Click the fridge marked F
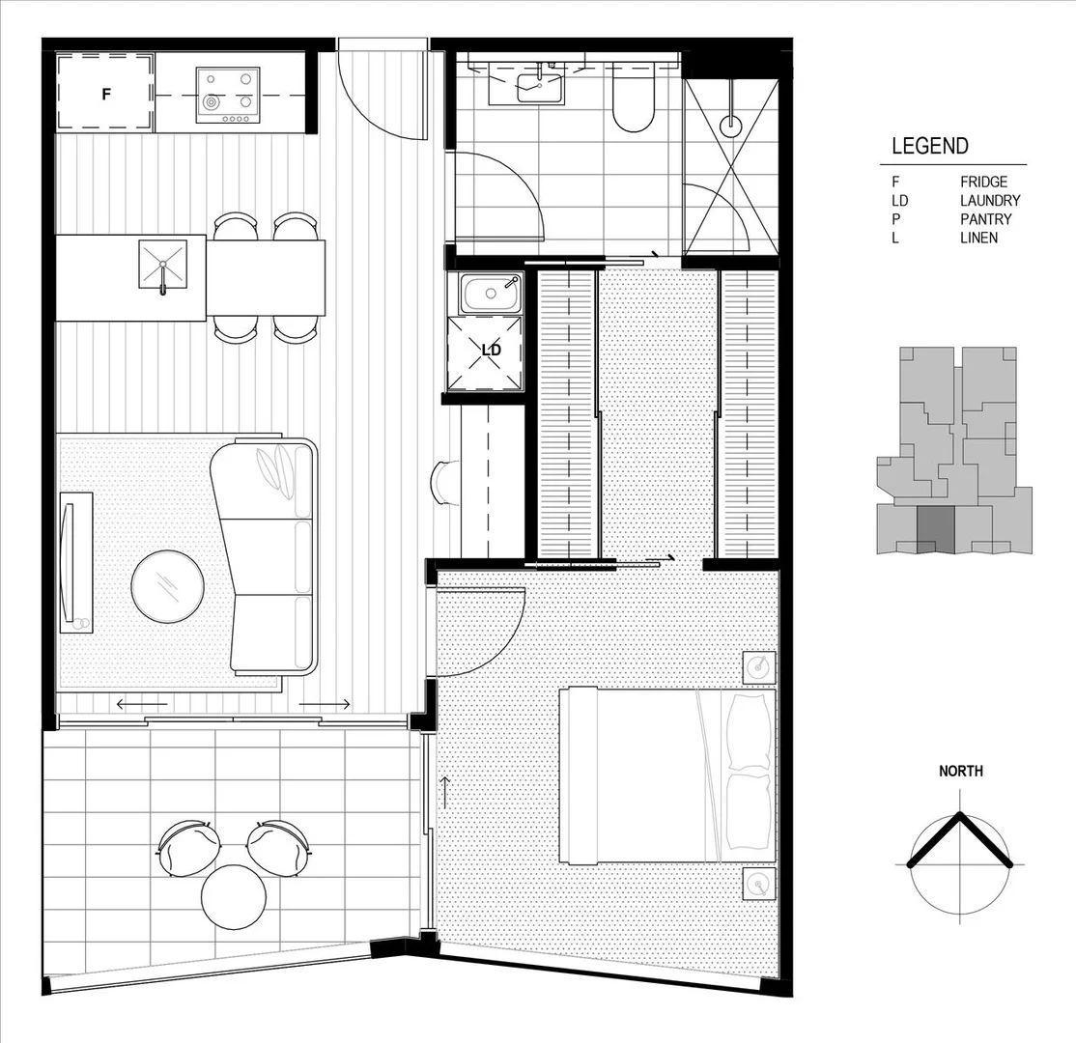click(105, 94)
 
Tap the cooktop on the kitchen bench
click(228, 95)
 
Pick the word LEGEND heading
click(929, 147)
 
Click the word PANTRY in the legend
click(985, 219)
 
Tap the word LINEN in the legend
click(978, 238)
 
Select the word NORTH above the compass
click(961, 771)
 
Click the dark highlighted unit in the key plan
click(934, 529)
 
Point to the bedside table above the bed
click(759, 666)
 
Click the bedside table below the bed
click(759, 882)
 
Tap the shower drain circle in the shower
click(731, 125)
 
